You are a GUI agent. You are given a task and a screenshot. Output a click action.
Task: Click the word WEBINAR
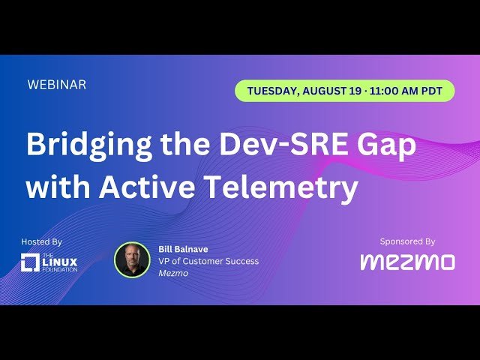coord(56,85)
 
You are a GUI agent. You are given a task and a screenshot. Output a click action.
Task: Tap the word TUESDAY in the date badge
coord(271,91)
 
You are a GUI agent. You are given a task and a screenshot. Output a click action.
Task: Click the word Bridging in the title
coord(88,145)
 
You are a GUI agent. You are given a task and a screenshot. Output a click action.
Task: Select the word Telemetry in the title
coord(281,187)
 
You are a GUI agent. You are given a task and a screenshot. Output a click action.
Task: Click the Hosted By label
coord(42,242)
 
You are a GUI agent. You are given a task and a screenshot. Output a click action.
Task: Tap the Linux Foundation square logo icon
coord(30,262)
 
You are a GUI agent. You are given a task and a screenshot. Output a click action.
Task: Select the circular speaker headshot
coord(132,260)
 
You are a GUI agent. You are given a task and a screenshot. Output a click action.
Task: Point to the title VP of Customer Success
coord(208,261)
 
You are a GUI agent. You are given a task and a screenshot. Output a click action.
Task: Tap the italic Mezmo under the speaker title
coord(173,274)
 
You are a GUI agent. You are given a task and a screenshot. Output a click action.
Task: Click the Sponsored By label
coord(407,241)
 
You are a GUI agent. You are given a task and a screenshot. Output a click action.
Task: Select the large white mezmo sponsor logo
coord(407,262)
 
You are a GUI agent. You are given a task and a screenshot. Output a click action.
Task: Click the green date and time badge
coord(344,91)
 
